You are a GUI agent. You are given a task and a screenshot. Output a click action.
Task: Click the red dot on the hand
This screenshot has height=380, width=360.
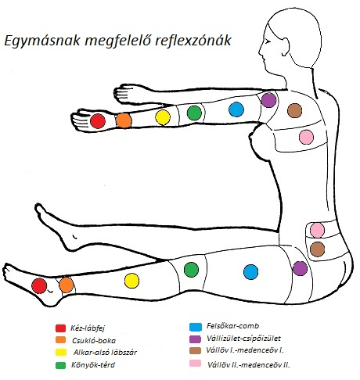[x=98, y=121]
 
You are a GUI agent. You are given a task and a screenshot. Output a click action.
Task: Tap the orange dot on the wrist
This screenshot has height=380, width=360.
[x=124, y=120]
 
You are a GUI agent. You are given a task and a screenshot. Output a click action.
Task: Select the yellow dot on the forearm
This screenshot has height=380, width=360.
[x=163, y=117]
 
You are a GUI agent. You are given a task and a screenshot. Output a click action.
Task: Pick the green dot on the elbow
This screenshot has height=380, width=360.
[x=194, y=113]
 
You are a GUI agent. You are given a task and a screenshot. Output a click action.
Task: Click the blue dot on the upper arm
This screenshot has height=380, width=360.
[x=236, y=109]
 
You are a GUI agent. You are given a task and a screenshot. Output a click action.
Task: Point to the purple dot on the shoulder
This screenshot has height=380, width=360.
[x=268, y=100]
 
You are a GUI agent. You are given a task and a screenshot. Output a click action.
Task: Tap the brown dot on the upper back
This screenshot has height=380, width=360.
[x=295, y=110]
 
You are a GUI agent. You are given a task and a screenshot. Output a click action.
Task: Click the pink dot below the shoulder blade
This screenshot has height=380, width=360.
[x=306, y=137]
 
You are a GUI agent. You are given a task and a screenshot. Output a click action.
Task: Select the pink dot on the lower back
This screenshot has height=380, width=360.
[x=318, y=230]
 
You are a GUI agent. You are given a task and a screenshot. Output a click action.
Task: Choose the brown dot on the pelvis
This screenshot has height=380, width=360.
[x=318, y=249]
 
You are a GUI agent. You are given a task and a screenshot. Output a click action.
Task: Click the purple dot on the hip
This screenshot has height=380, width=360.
[x=300, y=268]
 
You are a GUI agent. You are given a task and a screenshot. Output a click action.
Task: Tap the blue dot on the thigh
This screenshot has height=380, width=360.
[x=251, y=272]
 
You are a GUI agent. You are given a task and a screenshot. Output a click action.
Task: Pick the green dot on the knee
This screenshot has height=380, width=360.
[x=191, y=270]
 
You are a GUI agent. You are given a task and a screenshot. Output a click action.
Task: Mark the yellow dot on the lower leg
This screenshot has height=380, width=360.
[x=131, y=281]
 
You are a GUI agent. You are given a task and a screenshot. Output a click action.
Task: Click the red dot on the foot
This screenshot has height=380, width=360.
[x=39, y=285]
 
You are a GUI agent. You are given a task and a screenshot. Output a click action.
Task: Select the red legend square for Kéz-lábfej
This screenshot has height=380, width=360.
[x=60, y=328]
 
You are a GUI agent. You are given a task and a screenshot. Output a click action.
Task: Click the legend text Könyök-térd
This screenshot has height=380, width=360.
[x=93, y=364]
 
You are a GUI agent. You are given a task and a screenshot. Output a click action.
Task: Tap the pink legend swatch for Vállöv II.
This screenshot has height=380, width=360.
[x=196, y=363]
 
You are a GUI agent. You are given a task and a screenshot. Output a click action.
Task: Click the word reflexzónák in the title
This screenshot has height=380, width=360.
[x=193, y=41]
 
